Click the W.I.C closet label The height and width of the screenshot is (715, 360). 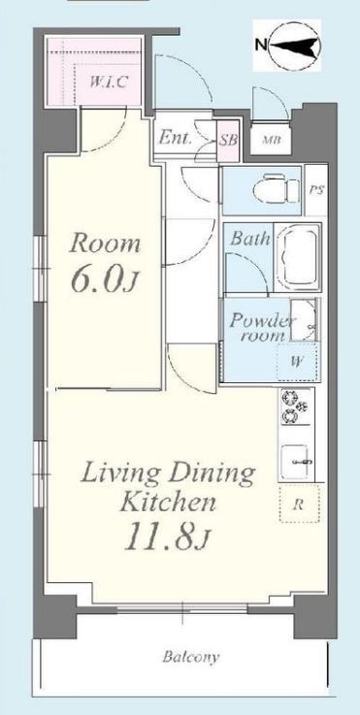click(x=108, y=82)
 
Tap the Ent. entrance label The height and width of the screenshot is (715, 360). click(x=176, y=138)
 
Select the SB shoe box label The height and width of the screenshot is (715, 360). click(x=228, y=140)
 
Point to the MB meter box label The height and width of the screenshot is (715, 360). click(x=271, y=140)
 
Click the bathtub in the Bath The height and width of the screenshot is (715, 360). click(x=297, y=258)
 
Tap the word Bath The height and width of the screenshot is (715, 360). click(x=249, y=238)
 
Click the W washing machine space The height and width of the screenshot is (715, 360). click(x=298, y=362)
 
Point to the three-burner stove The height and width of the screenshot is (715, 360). click(x=295, y=406)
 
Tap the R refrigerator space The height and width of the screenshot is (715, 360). click(x=299, y=504)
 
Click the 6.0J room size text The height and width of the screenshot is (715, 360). click(x=104, y=281)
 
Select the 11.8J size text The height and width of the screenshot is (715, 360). click(x=167, y=538)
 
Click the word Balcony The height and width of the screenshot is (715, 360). click(x=191, y=657)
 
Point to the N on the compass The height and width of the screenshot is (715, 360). click(x=261, y=45)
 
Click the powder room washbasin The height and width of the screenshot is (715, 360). click(x=303, y=319)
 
